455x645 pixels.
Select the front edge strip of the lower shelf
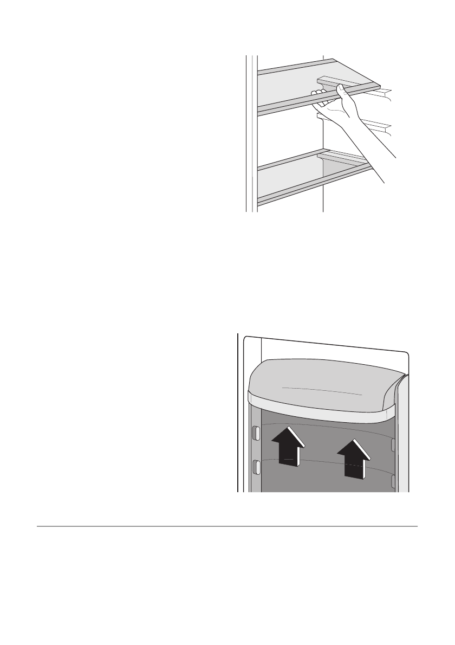314,184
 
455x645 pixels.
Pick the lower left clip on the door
256,466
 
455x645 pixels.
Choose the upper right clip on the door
394,444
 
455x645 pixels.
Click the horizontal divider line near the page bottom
227,526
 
